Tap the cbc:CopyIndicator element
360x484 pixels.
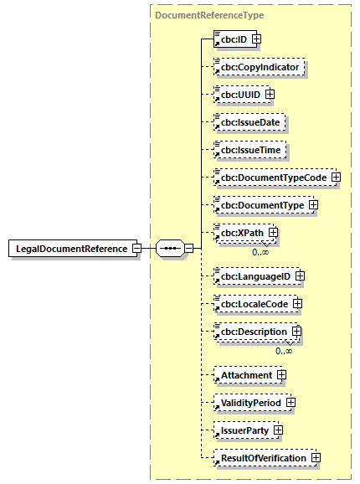(x=259, y=66)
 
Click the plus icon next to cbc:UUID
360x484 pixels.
(x=270, y=94)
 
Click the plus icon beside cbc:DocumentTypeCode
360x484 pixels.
(x=336, y=178)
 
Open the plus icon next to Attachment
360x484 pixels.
(x=282, y=374)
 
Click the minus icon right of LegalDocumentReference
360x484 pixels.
(x=137, y=249)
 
